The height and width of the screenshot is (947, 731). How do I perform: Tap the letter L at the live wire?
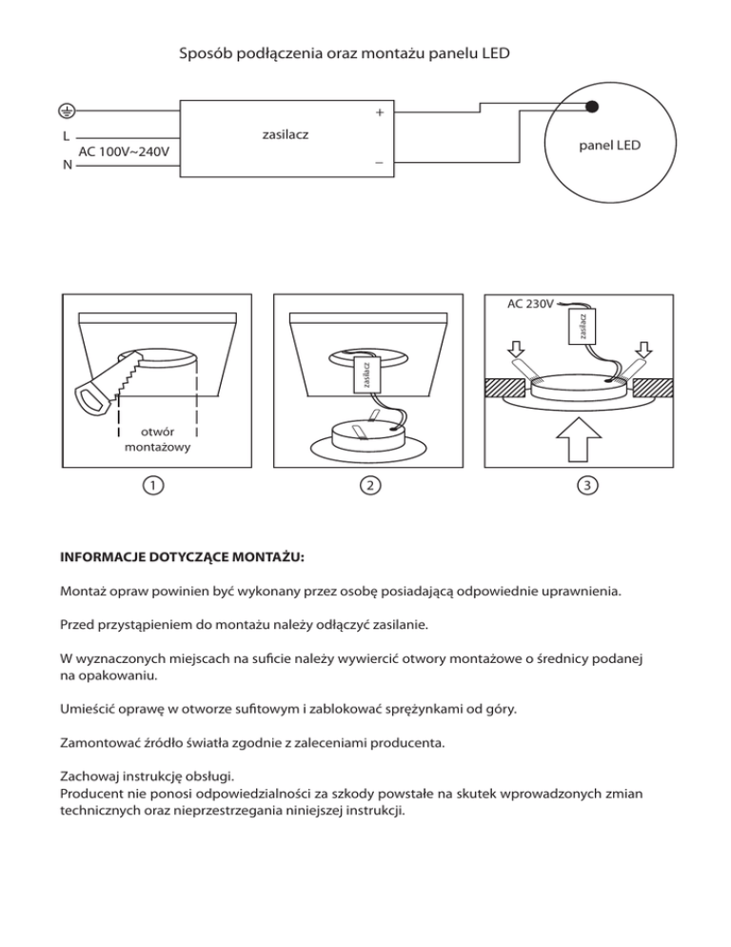coord(64,136)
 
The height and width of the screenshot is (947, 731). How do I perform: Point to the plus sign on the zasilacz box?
coord(379,113)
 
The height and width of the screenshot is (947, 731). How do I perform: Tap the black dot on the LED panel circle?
coord(592,106)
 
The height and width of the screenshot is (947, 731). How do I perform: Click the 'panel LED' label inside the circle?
coord(609,146)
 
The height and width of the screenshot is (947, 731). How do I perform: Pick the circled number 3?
coord(589,485)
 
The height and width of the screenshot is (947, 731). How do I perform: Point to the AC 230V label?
coord(530,305)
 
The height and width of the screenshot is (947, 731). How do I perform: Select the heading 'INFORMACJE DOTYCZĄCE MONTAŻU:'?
coord(184,554)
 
